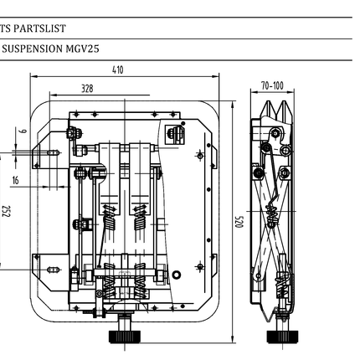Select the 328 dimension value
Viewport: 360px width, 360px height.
click(x=87, y=87)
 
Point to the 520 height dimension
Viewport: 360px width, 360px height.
click(x=238, y=221)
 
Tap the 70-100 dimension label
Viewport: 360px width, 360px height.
click(x=272, y=85)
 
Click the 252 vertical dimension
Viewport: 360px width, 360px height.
click(x=6, y=210)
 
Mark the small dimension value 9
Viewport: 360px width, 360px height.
click(x=23, y=130)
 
